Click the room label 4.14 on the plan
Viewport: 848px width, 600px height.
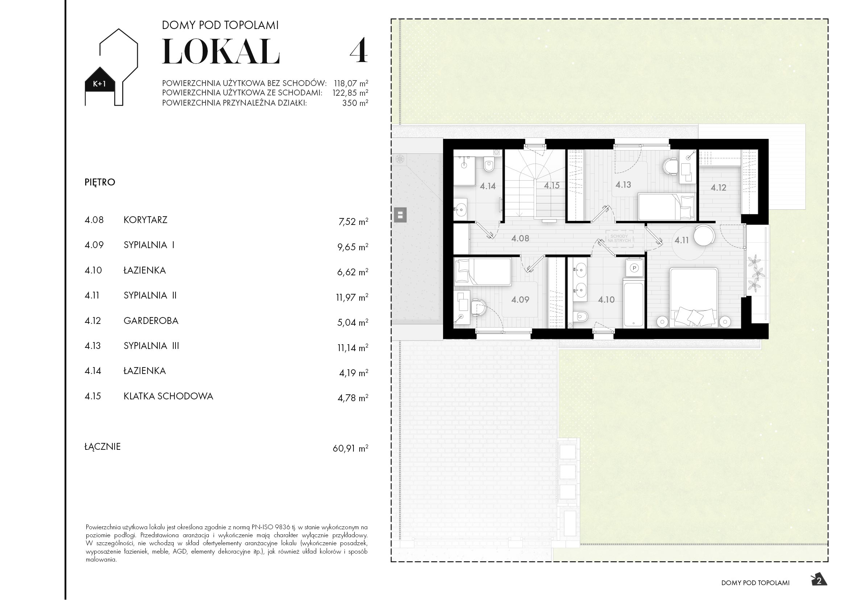[x=488, y=186]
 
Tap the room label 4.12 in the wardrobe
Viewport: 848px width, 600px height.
[x=718, y=188]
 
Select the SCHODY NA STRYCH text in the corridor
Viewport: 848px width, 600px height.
[x=619, y=238]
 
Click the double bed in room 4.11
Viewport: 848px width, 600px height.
[x=694, y=297]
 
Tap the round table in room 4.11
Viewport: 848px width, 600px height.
[x=704, y=235]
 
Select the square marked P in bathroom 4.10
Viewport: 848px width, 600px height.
[x=634, y=268]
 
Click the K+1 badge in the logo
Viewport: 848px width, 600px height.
[x=99, y=84]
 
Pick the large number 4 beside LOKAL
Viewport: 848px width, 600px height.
[x=358, y=51]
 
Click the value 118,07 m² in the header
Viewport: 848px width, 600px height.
[x=351, y=83]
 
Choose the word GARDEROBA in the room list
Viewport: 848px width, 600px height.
[x=151, y=321]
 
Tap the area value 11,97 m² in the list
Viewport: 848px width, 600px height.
[x=352, y=297]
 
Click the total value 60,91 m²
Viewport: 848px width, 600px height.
[x=350, y=448]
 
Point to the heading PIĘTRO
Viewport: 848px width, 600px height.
[x=100, y=182]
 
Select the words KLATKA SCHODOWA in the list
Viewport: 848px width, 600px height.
[x=168, y=396]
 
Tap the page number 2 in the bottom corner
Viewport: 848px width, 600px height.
[x=819, y=581]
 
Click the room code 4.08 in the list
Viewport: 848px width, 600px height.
[x=94, y=220]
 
